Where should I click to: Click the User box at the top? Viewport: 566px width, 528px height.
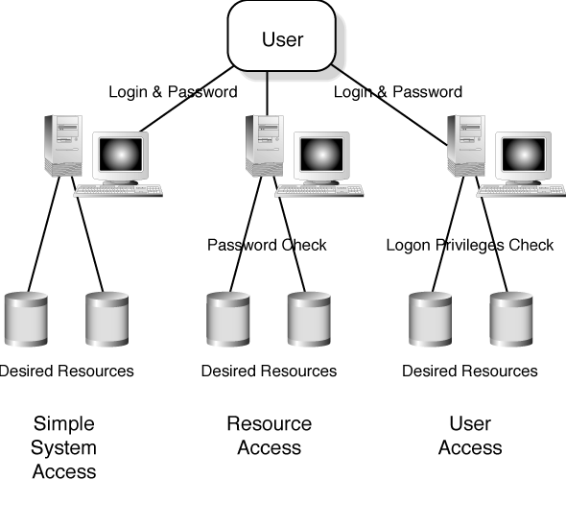[282, 36]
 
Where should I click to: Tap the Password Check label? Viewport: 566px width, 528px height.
[267, 245]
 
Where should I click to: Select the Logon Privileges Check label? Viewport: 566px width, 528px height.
[470, 245]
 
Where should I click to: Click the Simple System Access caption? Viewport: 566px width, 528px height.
[64, 447]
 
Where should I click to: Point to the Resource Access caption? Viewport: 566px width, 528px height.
[270, 436]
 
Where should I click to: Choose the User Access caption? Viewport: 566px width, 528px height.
[470, 436]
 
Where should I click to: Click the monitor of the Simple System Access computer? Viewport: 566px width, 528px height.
[121, 157]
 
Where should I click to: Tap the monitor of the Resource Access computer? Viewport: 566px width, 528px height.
[322, 157]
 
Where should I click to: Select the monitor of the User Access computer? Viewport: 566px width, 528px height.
[524, 157]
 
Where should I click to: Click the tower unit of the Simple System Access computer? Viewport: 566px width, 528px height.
[63, 146]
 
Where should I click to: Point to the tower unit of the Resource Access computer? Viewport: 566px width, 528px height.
[265, 146]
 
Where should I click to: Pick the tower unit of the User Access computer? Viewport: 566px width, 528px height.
[466, 146]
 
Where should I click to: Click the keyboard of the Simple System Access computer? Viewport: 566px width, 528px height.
[118, 191]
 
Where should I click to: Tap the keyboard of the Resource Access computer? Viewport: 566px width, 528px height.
[319, 191]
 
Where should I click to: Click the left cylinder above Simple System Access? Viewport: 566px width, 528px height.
[26, 320]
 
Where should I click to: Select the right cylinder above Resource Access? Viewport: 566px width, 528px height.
[309, 320]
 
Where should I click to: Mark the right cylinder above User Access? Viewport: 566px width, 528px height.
[511, 320]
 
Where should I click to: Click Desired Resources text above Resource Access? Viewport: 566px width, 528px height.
[269, 371]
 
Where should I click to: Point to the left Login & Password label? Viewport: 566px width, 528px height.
[174, 92]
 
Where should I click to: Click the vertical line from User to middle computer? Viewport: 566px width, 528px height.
[267, 93]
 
